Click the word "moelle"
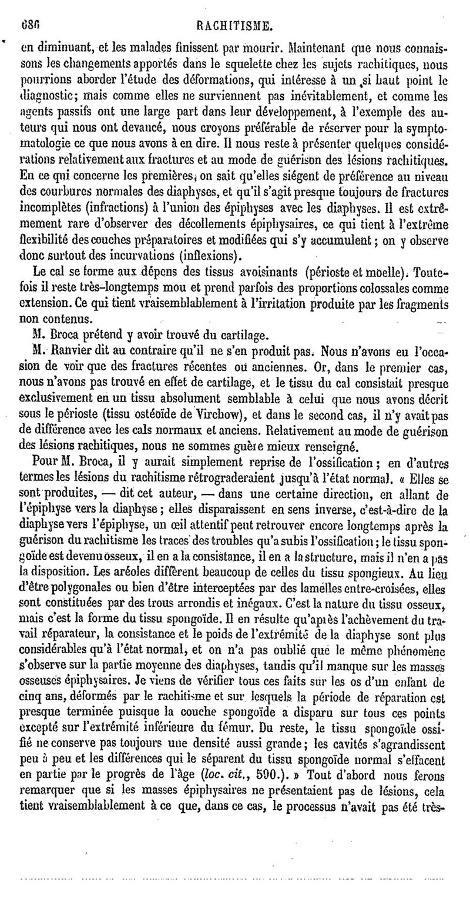(382, 272)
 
